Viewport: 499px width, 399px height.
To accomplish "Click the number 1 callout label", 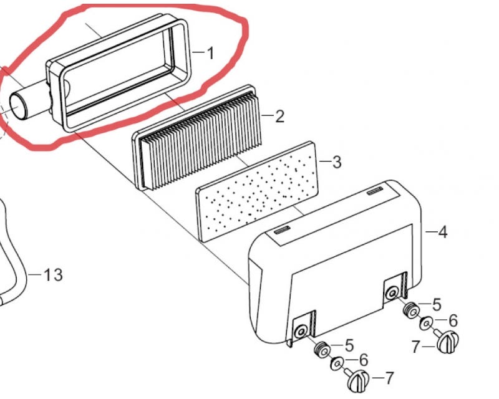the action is tap(211, 53).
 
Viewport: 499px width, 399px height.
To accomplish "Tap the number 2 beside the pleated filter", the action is tap(279, 117).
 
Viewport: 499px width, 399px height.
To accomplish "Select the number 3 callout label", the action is tap(337, 162).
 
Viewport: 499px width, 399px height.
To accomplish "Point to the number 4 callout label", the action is tap(443, 232).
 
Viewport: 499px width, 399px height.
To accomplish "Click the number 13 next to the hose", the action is tap(53, 274).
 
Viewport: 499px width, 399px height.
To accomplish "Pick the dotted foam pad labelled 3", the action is tap(257, 191).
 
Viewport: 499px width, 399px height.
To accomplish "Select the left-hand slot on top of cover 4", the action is tap(282, 229).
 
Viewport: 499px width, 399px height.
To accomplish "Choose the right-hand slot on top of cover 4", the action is tap(375, 191).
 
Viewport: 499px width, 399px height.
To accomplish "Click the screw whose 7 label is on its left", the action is tap(447, 342).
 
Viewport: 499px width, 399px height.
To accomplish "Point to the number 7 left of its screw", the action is tap(416, 346).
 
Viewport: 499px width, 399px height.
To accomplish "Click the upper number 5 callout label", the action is tap(437, 304).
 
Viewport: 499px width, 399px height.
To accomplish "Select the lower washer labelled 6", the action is tap(337, 363).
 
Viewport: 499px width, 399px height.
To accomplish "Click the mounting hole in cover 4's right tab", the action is tap(391, 293).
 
